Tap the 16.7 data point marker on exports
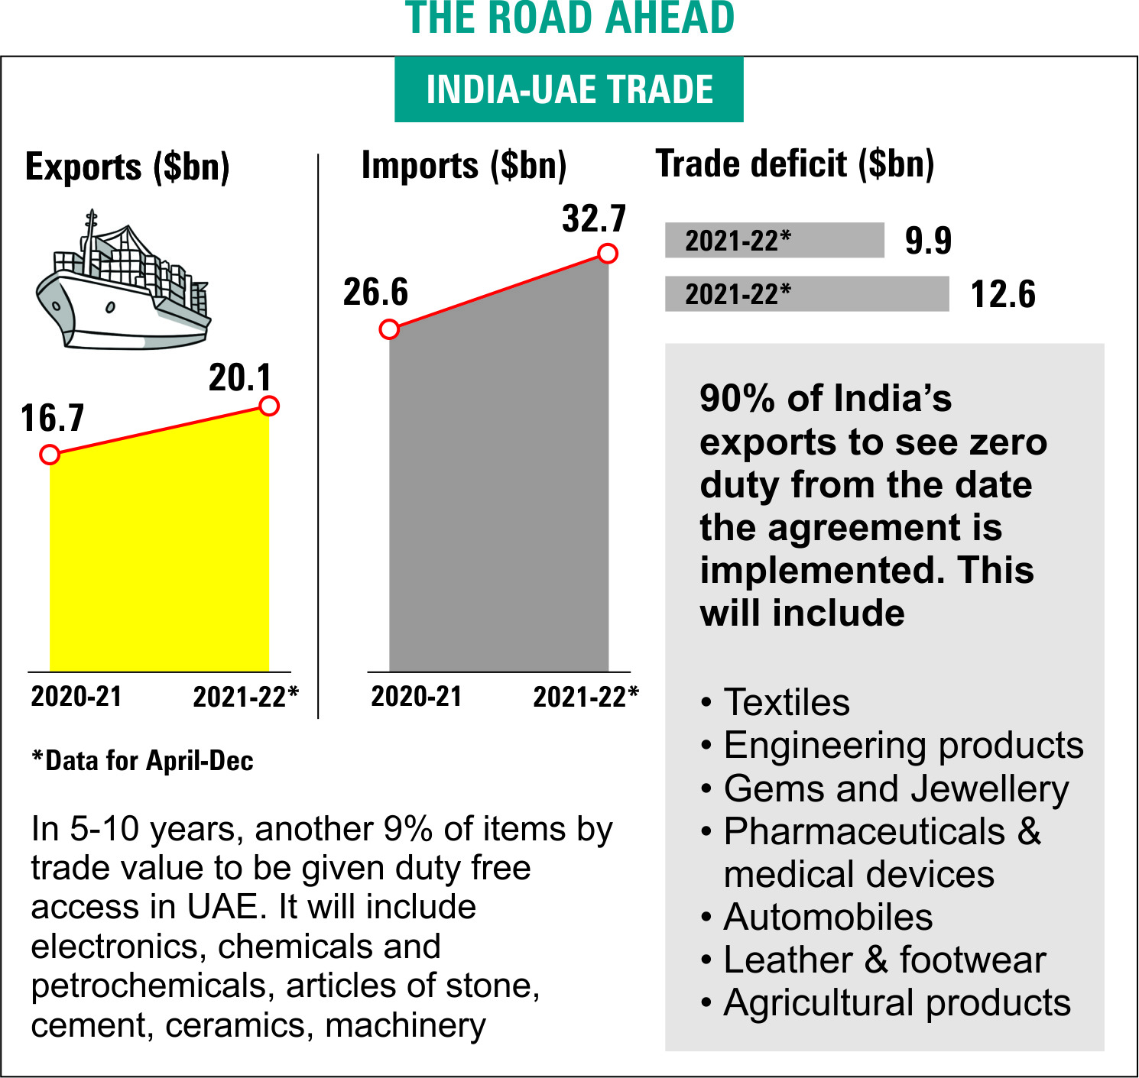pyautogui.click(x=50, y=455)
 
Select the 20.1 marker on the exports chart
pyautogui.click(x=268, y=406)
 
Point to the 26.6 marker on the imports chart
pyautogui.click(x=389, y=329)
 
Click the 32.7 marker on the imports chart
pyautogui.click(x=608, y=254)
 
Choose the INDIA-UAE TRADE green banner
pyautogui.click(x=569, y=89)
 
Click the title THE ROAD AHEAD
pyautogui.click(x=569, y=18)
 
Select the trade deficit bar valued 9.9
pyautogui.click(x=774, y=241)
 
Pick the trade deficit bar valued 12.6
pyautogui.click(x=806, y=294)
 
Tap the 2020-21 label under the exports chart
pyautogui.click(x=76, y=696)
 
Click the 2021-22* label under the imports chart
pyautogui.click(x=586, y=697)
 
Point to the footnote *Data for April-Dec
pyautogui.click(x=142, y=761)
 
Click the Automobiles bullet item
pyautogui.click(x=827, y=917)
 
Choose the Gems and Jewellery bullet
pyautogui.click(x=895, y=788)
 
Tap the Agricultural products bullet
pyautogui.click(x=896, y=1002)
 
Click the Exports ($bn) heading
pyautogui.click(x=128, y=167)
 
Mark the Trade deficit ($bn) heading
pyautogui.click(x=795, y=164)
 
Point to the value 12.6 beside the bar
pyautogui.click(x=1003, y=294)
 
